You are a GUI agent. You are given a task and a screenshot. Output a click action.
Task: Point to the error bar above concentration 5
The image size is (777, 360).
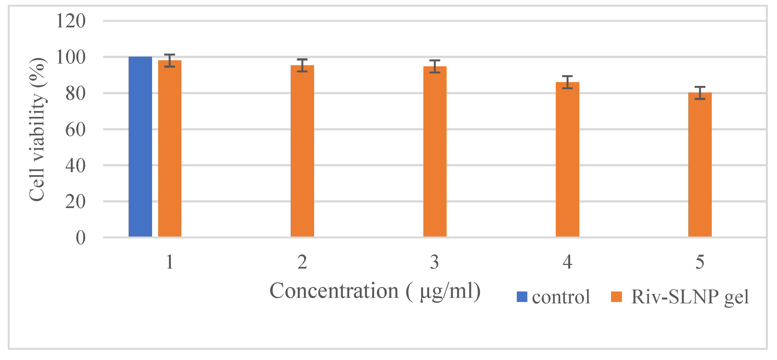pos(700,93)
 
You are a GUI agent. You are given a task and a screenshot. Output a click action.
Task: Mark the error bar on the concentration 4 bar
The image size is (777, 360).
pos(567,82)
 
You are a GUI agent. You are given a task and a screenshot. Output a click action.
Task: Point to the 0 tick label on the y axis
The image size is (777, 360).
pos(80,238)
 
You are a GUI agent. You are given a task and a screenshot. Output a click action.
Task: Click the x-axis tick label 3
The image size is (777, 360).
pos(434,262)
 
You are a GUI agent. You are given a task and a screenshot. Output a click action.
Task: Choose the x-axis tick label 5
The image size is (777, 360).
pos(700,262)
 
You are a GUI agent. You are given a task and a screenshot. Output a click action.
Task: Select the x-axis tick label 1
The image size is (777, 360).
pos(170,262)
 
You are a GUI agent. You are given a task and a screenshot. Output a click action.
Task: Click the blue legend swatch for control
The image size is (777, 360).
pos(522,297)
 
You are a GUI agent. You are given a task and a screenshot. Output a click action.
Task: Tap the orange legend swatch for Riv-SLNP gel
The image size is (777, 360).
pos(616,297)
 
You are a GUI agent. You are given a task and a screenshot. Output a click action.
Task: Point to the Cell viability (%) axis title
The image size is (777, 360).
pos(37,130)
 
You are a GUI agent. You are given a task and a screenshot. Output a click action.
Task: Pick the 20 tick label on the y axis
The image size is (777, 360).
pos(75,202)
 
